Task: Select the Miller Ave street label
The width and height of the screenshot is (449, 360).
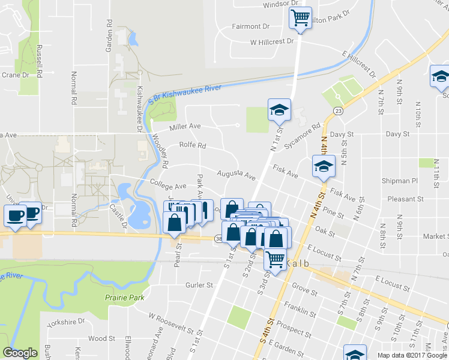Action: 185,127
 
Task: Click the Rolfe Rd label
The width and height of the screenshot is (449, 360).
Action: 192,145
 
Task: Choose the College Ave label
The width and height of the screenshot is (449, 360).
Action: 168,187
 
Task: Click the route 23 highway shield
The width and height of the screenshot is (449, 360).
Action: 339,111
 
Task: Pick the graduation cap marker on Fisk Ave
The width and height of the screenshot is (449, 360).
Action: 324,167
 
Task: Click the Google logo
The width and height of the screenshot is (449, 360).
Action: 20,353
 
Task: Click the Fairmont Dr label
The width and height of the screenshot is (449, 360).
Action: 252,26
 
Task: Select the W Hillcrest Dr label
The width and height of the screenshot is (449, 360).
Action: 272,42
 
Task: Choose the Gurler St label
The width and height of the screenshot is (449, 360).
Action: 200,285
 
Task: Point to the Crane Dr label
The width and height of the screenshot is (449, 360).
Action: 16,75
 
